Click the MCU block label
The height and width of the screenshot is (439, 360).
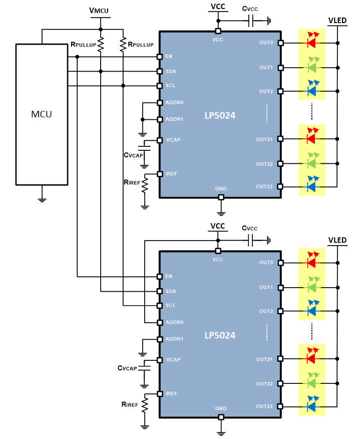coord(42,114)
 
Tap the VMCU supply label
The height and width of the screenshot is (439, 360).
coord(99,10)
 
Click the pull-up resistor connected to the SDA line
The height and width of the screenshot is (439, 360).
coord(101,45)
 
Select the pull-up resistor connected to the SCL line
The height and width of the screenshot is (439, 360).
coord(123,45)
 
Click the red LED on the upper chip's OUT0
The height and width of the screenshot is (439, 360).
coord(311,43)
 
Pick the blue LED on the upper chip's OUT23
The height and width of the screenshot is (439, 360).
coord(311,186)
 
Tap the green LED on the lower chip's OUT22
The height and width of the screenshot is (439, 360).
coord(311,383)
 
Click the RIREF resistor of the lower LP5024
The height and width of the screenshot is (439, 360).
coord(145,405)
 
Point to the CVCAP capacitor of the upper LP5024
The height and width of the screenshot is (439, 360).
coord(145,148)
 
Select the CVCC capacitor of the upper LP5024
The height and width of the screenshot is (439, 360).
coord(252,21)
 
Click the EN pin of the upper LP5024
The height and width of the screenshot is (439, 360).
coord(160,57)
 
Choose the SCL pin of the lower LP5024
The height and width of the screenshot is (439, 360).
coord(160,305)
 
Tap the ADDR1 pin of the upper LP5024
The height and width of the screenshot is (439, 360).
coord(160,119)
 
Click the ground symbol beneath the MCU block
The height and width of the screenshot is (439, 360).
coord(42,198)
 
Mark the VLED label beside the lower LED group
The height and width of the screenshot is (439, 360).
coord(337,241)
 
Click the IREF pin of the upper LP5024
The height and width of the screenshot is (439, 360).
coord(160,174)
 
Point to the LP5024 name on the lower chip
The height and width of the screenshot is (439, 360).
coord(219,335)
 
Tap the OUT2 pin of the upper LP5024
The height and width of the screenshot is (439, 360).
coord(281,91)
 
